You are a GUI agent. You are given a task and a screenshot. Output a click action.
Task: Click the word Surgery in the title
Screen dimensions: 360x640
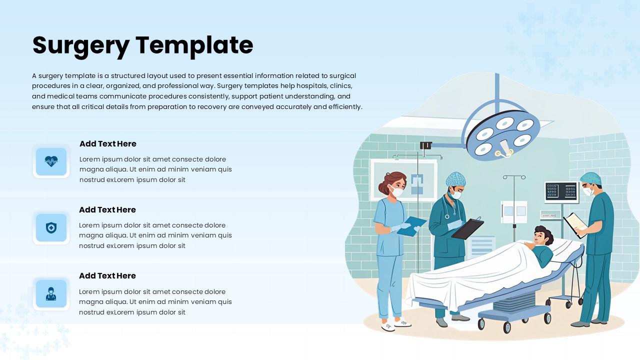tap(80, 45)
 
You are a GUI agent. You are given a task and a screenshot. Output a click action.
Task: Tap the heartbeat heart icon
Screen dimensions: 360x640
tap(51, 161)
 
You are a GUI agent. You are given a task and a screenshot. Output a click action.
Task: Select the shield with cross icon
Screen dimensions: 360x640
tap(51, 228)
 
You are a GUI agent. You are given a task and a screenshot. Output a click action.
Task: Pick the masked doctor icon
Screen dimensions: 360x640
tap(51, 294)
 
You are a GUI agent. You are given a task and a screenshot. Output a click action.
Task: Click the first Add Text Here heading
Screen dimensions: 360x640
tap(108, 144)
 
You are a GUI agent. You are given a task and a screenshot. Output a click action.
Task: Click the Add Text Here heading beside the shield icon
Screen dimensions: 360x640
tap(107, 210)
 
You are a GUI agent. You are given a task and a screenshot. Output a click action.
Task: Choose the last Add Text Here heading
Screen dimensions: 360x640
tap(107, 276)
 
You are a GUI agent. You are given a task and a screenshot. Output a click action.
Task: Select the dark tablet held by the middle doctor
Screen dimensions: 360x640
tap(467, 228)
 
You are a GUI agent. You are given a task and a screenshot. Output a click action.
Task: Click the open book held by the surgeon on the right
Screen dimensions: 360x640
tap(575, 224)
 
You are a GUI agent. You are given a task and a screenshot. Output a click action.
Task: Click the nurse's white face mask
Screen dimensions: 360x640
tap(397, 191)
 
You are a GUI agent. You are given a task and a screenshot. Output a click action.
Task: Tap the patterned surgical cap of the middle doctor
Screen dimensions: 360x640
tap(455, 178)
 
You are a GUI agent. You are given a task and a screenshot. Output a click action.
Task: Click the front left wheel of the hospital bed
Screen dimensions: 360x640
tap(481, 324)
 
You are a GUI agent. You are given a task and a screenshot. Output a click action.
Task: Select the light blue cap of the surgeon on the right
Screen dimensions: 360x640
tap(590, 178)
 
